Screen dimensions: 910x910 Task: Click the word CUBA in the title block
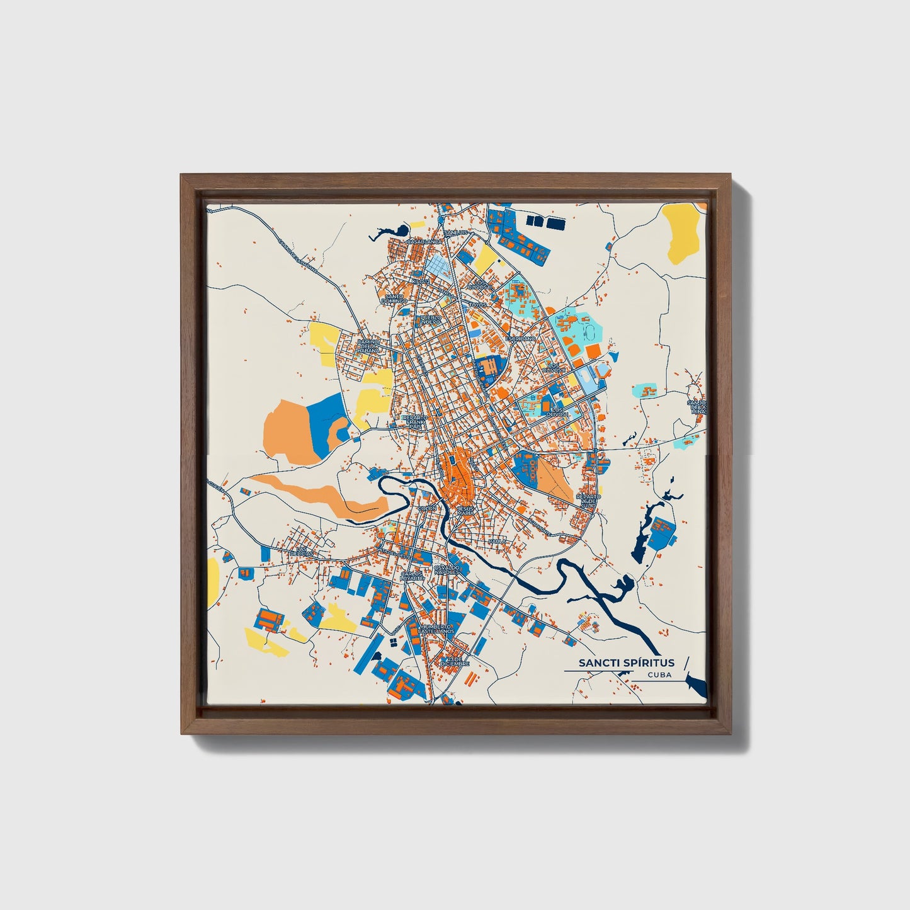tap(659, 674)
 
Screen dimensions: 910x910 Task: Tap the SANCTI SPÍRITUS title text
tap(627, 663)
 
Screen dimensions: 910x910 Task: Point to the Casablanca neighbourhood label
tap(421, 241)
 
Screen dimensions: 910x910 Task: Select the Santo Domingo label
tap(394, 299)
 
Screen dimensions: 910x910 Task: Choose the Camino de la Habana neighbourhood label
tap(367, 346)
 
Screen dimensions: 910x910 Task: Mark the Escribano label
tap(523, 338)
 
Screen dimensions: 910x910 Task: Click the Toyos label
tap(478, 304)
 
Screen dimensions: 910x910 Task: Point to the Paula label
tap(497, 541)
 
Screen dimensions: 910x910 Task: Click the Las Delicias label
tap(304, 552)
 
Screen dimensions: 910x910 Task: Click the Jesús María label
tap(466, 511)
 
